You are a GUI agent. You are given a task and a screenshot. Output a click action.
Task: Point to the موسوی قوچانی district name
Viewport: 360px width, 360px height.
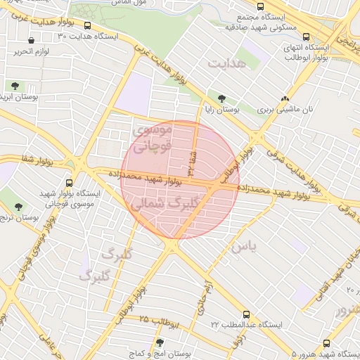[152, 139]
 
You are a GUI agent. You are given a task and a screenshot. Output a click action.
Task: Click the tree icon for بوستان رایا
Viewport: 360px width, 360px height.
[222, 99]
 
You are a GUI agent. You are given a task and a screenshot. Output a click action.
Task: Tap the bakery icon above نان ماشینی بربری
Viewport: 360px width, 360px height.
[285, 99]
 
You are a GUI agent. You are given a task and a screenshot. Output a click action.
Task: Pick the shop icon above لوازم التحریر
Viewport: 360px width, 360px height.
[32, 40]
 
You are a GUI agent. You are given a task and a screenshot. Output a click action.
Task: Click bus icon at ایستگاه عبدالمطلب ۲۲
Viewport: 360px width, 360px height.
[245, 314]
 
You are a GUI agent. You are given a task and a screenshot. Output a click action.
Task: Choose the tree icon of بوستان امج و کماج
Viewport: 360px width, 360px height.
[160, 342]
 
